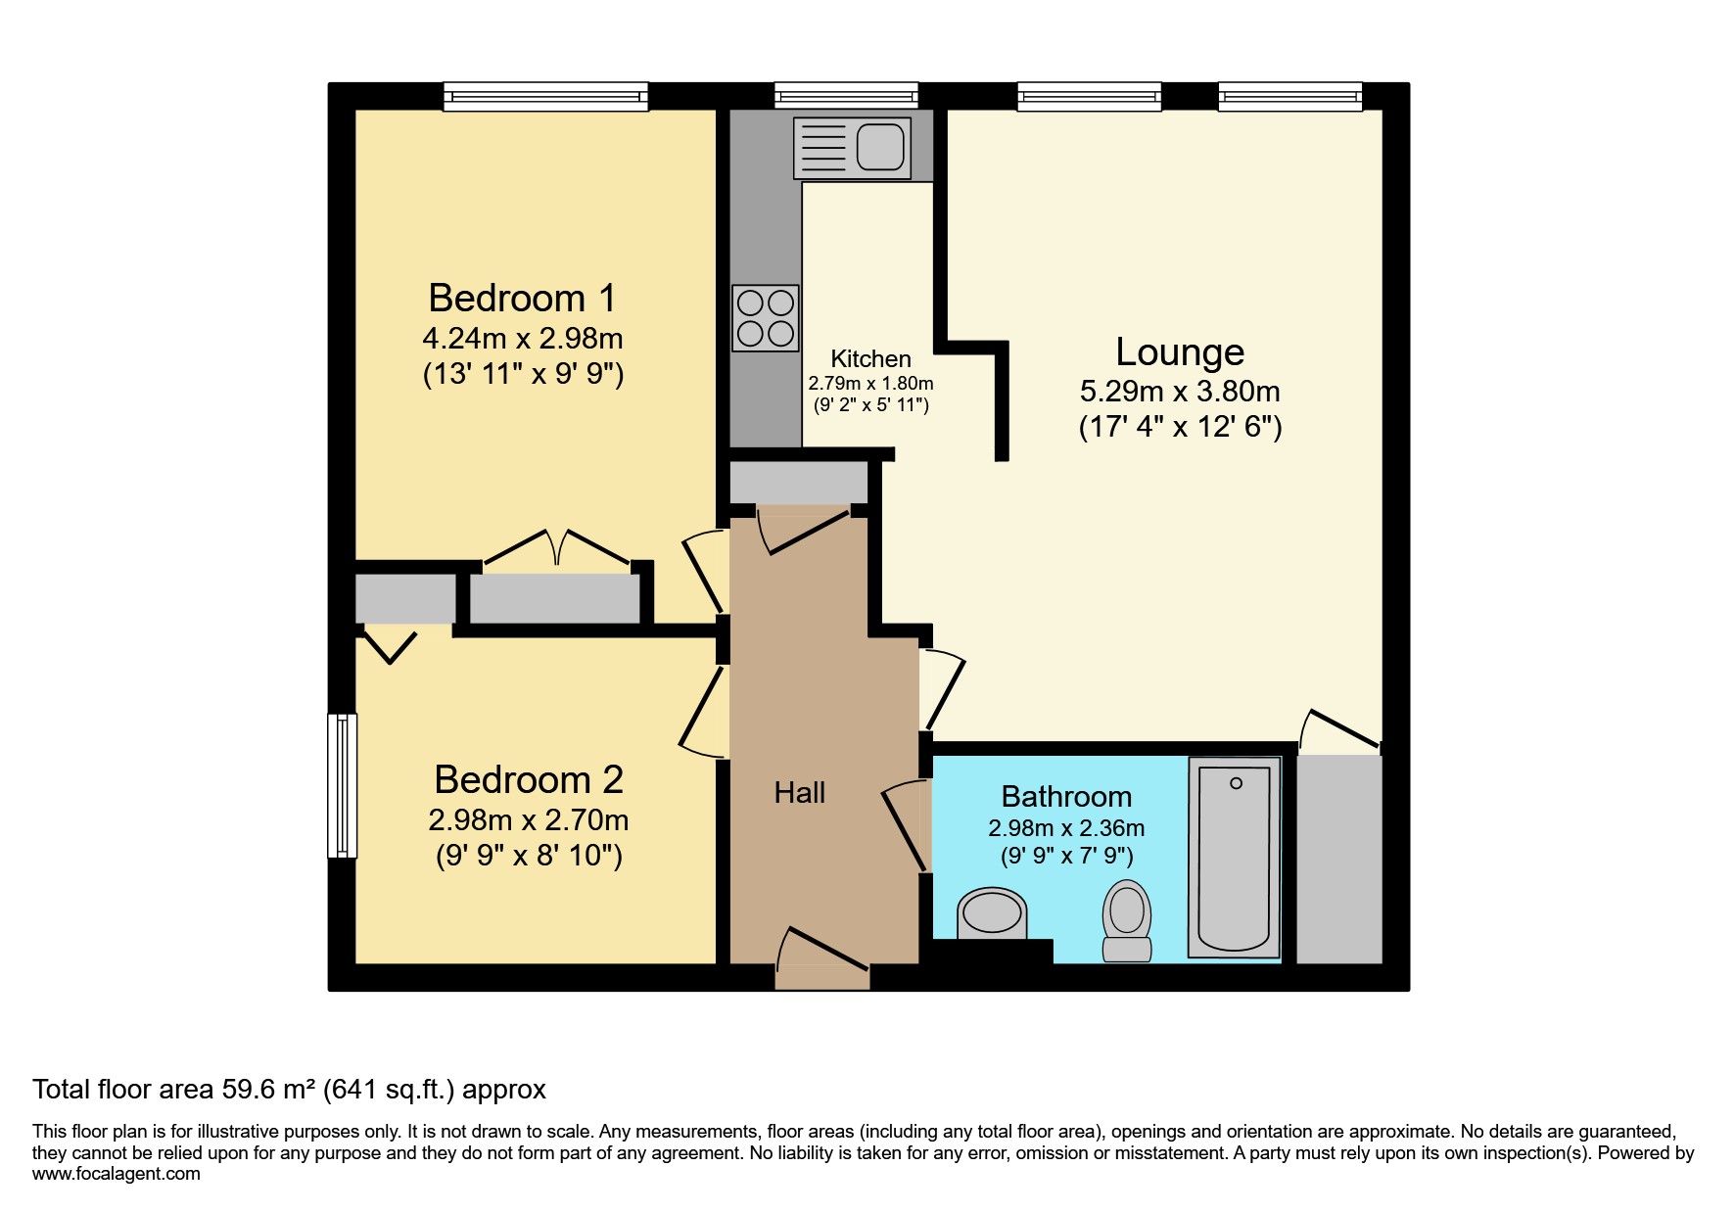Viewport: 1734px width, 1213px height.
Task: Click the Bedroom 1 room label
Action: pos(522,298)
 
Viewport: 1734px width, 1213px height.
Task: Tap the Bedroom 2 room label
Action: pos(528,779)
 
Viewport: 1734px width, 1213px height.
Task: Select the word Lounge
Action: pos(1179,351)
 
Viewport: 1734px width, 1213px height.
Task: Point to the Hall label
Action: pos(799,793)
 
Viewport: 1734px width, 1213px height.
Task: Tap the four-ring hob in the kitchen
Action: pos(766,318)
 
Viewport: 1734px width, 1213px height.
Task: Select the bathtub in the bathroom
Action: pos(1234,858)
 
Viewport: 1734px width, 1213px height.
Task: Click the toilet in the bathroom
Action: pos(1126,920)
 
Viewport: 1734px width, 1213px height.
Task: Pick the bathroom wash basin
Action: pos(992,914)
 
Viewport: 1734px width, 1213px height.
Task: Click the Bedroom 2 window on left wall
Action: pos(342,785)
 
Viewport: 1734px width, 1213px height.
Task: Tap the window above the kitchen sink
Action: pos(846,95)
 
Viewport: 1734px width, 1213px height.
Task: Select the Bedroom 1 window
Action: pos(545,96)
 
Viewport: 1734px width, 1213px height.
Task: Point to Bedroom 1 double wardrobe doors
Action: pos(556,550)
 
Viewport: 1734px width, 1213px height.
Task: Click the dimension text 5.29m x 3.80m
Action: pos(1179,392)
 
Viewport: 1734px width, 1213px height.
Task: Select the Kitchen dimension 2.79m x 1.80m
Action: pos(869,384)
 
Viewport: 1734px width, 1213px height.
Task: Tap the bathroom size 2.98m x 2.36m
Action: pos(1065,828)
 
